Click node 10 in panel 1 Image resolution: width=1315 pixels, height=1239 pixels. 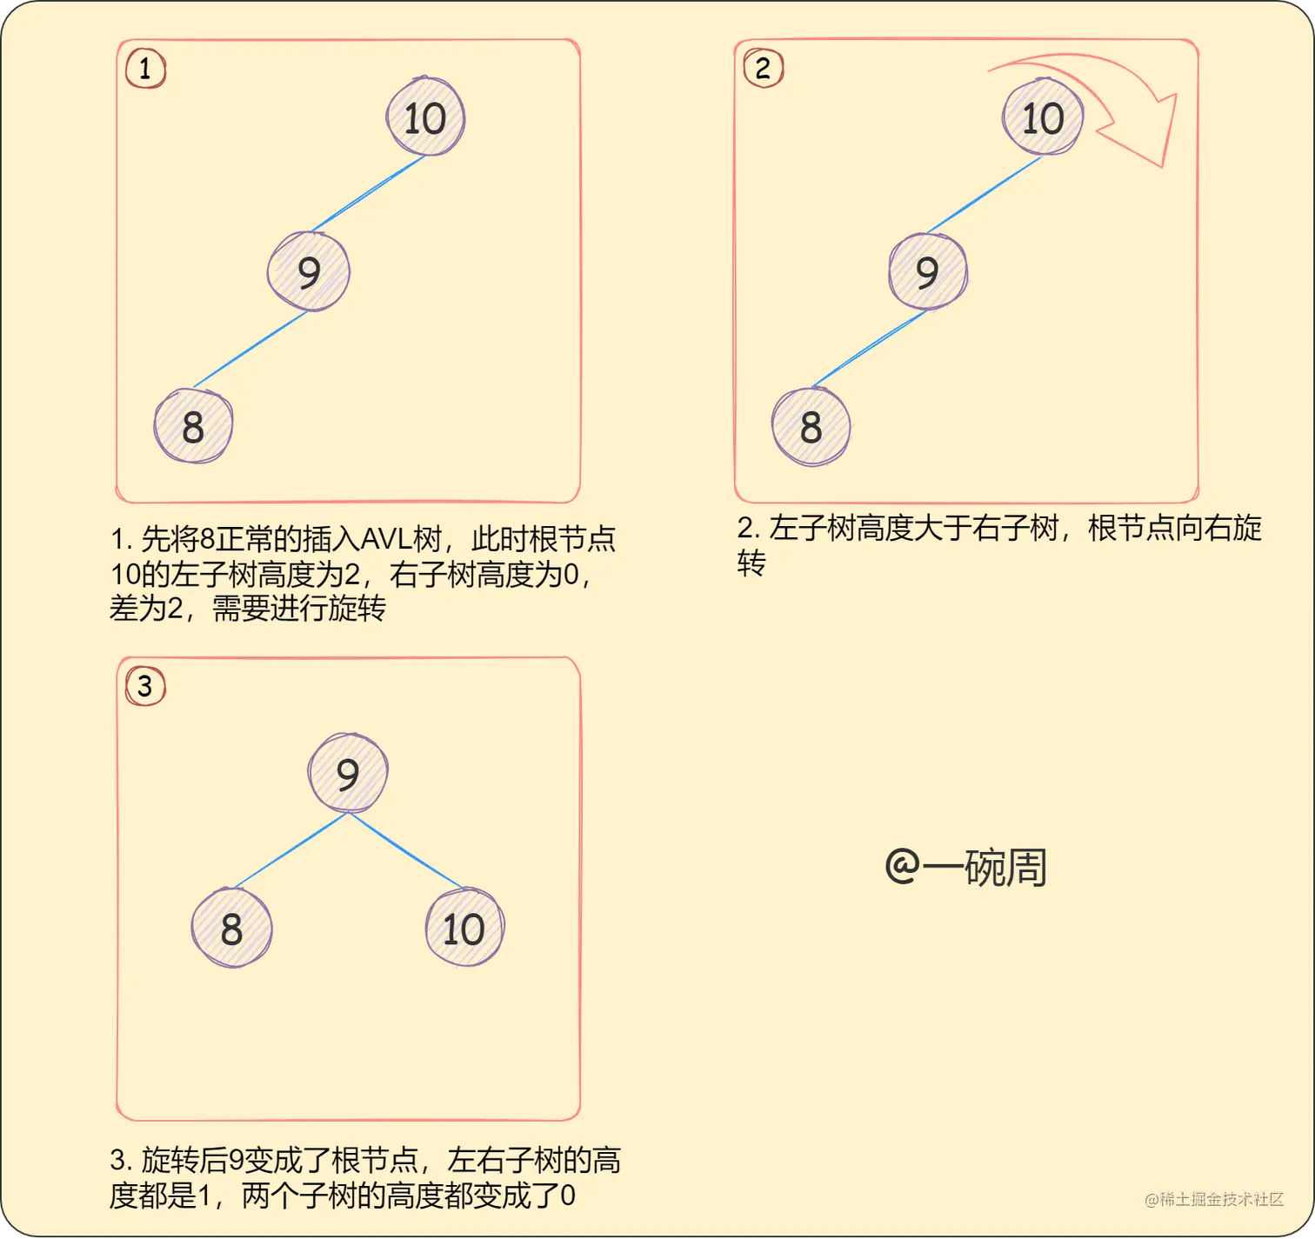pos(425,117)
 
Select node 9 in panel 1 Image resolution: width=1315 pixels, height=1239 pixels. pos(309,271)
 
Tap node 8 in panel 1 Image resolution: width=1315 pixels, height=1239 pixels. pos(193,426)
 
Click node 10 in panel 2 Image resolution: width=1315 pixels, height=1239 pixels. pos(1043,117)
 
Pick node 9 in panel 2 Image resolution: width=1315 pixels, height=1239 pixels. pos(927,271)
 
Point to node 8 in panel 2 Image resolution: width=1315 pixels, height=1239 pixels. pos(811,426)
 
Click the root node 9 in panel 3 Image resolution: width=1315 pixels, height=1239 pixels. pos(348,773)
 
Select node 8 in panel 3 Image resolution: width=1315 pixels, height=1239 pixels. pos(231,928)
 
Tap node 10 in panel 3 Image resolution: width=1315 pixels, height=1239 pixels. pos(464,928)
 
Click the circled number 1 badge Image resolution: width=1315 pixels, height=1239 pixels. pos(145,68)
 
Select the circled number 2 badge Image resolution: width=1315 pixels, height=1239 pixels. pos(763,68)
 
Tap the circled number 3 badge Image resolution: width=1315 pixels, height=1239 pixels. pos(145,686)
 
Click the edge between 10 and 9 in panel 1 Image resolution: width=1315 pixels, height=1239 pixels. pos(369,193)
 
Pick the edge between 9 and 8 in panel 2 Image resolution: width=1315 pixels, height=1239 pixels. pos(869,349)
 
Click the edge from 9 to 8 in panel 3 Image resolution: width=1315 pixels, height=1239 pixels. pos(290,851)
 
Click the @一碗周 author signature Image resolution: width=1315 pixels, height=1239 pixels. pos(965,867)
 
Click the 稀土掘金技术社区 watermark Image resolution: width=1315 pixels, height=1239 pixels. pos(1214,1200)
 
